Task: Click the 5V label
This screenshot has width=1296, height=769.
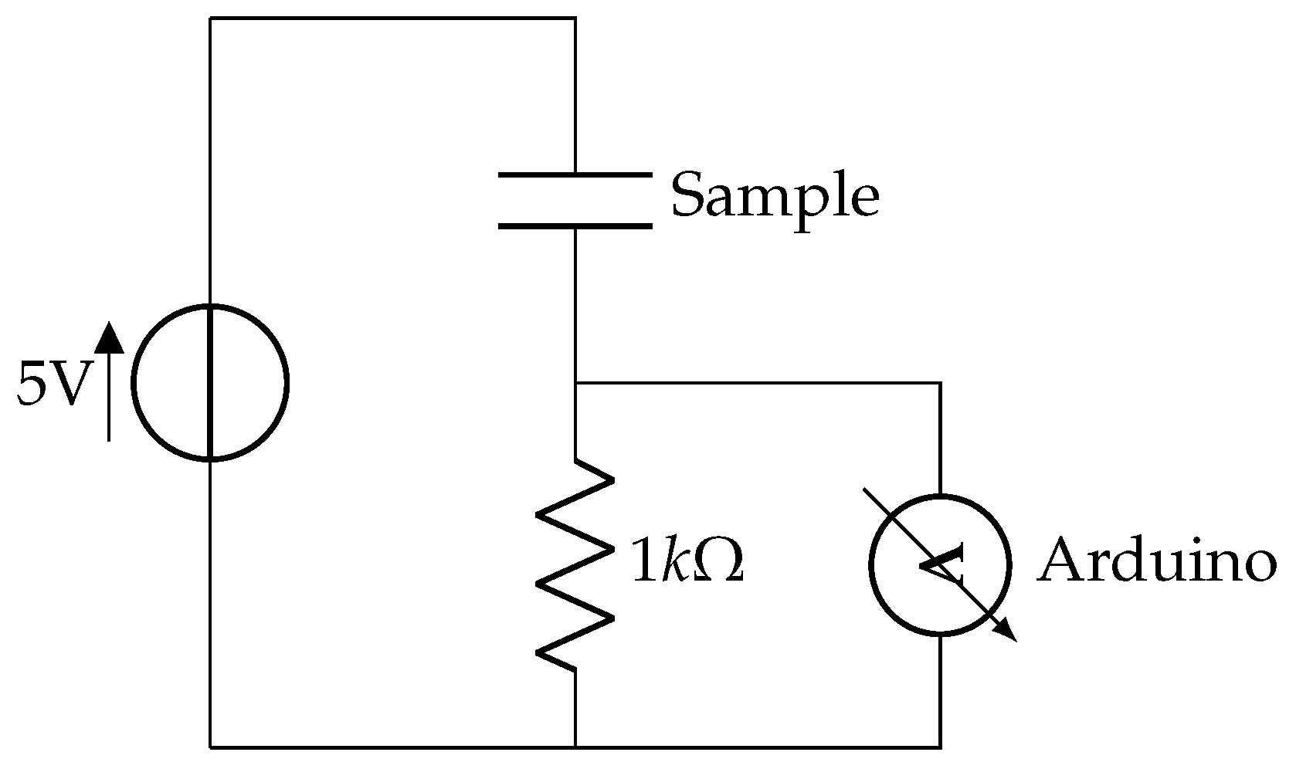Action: pos(49,383)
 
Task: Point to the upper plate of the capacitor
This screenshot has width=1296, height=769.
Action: pos(575,175)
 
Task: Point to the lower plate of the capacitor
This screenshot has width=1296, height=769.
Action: pos(575,226)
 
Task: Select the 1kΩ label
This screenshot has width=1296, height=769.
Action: pos(687,562)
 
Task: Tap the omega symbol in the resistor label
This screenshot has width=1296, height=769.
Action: pos(720,561)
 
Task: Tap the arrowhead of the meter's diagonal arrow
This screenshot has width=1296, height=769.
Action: pos(1006,631)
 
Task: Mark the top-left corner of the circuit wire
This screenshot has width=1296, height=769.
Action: pos(210,18)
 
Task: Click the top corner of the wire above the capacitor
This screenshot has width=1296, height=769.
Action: pos(575,18)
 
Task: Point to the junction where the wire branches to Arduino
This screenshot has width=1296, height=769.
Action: pos(575,382)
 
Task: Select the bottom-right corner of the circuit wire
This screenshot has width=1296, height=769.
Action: pos(940,747)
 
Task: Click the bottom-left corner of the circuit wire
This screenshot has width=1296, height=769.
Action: pos(210,747)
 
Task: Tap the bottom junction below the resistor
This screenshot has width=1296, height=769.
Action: pos(575,747)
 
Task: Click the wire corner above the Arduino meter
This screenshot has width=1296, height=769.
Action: pos(940,382)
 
